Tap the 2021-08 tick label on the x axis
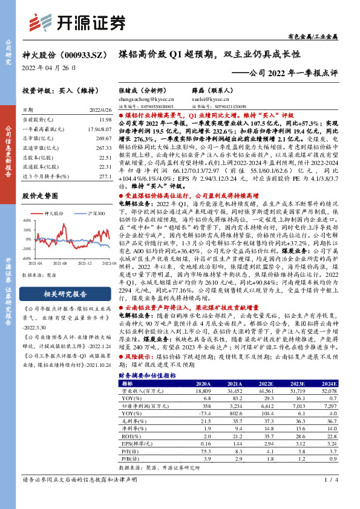pos(59,264)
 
